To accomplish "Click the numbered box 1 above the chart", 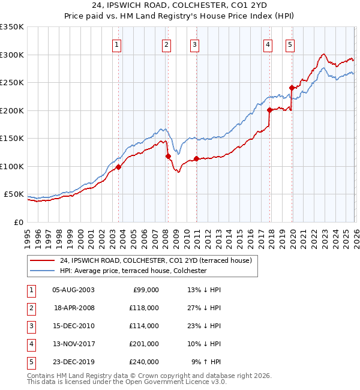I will click(117, 44).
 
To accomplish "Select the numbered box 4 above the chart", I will click(268, 44).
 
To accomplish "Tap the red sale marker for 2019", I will click(292, 88).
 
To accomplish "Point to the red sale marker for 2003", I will click(118, 167).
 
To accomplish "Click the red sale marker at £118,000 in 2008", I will click(168, 156).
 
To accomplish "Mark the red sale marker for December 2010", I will click(196, 158).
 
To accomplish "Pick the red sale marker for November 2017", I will click(269, 110).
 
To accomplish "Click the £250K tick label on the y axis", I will click(12, 83).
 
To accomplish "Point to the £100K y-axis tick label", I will click(12, 166).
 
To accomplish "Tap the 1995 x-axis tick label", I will click(27, 234).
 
